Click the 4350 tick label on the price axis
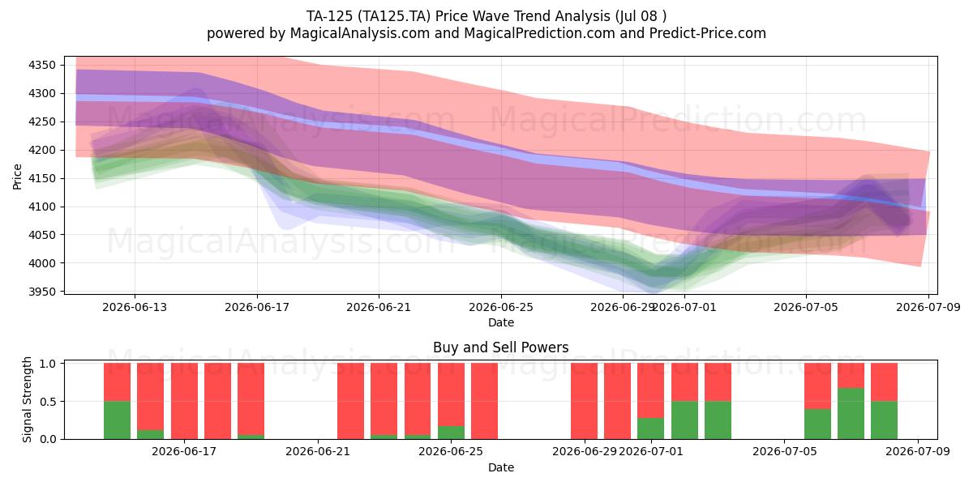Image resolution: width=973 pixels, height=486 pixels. tap(42, 66)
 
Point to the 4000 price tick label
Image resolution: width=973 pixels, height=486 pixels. tap(42, 263)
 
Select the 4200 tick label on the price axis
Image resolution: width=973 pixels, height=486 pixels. tap(42, 150)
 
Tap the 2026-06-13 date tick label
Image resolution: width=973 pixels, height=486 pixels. tap(135, 307)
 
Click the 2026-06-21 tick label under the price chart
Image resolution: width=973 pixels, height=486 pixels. tap(379, 307)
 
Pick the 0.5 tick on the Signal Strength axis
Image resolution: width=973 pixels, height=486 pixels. tap(48, 402)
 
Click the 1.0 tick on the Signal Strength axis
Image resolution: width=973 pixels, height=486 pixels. tap(48, 364)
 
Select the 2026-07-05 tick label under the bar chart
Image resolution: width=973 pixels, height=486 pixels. tap(785, 452)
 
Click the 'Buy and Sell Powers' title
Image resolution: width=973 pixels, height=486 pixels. tap(501, 347)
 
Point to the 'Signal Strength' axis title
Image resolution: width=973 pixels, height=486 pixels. tap(27, 399)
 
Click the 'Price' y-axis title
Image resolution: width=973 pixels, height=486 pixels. tap(17, 177)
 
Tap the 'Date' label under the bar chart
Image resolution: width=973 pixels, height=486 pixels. tap(501, 467)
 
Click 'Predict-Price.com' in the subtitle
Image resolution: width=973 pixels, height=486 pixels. tap(708, 33)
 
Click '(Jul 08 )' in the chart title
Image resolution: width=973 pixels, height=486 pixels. tap(641, 16)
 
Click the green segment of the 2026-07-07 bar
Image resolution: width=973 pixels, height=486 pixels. tap(851, 414)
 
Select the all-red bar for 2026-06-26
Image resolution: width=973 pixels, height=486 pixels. tap(484, 401)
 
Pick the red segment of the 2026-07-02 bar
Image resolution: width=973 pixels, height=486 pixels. tap(684, 382)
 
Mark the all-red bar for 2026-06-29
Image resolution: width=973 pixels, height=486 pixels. tap(585, 401)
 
